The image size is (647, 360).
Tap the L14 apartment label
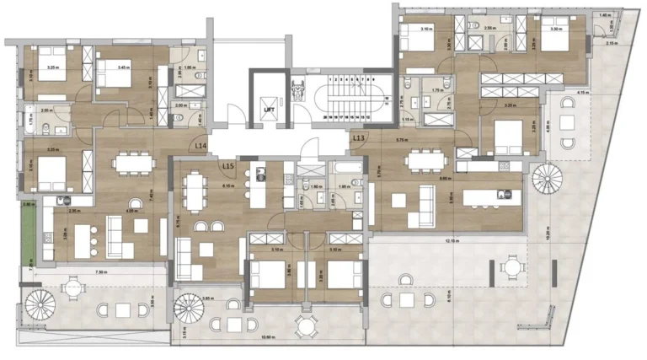[x=201, y=146]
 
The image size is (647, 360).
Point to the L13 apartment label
[x=359, y=137]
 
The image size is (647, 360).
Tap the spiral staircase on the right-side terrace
[x=543, y=180]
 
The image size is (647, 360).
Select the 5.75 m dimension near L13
[x=402, y=138]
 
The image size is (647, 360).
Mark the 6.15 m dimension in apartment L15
[x=227, y=185]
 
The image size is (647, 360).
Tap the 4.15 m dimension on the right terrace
[x=582, y=92]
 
